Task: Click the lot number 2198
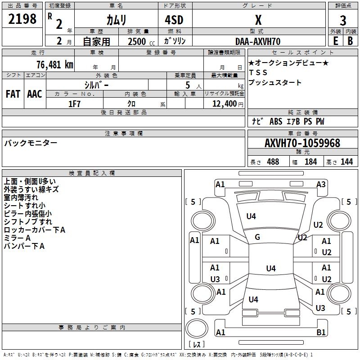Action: pyautogui.click(x=22, y=19)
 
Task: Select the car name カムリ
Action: pyautogui.click(x=116, y=20)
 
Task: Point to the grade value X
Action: pyautogui.click(x=258, y=20)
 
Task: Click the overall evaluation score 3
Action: pyautogui.click(x=343, y=21)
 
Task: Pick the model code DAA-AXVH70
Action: pyautogui.click(x=258, y=41)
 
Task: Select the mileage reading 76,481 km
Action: pyautogui.click(x=54, y=64)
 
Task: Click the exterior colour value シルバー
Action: pyautogui.click(x=96, y=85)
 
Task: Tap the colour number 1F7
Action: pyautogui.click(x=74, y=103)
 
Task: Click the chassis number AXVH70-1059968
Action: pyautogui.click(x=302, y=143)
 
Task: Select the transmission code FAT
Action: pyautogui.click(x=13, y=94)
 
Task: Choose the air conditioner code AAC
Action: pyautogui.click(x=34, y=94)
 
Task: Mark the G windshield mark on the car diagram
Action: pyautogui.click(x=257, y=237)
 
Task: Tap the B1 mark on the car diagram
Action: pyautogui.click(x=321, y=333)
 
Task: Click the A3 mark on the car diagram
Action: pyautogui.click(x=321, y=184)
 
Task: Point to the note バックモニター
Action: pyautogui.click(x=31, y=143)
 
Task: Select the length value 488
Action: pyautogui.click(x=273, y=162)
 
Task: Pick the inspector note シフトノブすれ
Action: pyautogui.click(x=28, y=222)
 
